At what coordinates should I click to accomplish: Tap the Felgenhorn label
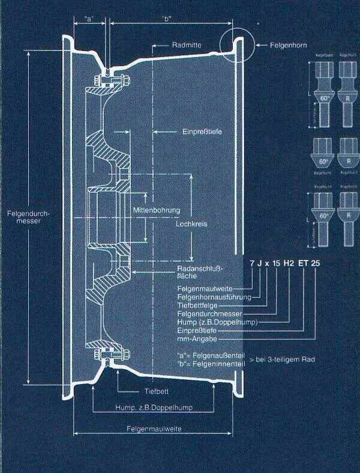point(278,45)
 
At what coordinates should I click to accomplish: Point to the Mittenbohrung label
point(157,211)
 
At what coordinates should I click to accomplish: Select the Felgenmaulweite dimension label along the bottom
point(154,430)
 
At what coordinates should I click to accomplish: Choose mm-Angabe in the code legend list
point(196,339)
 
